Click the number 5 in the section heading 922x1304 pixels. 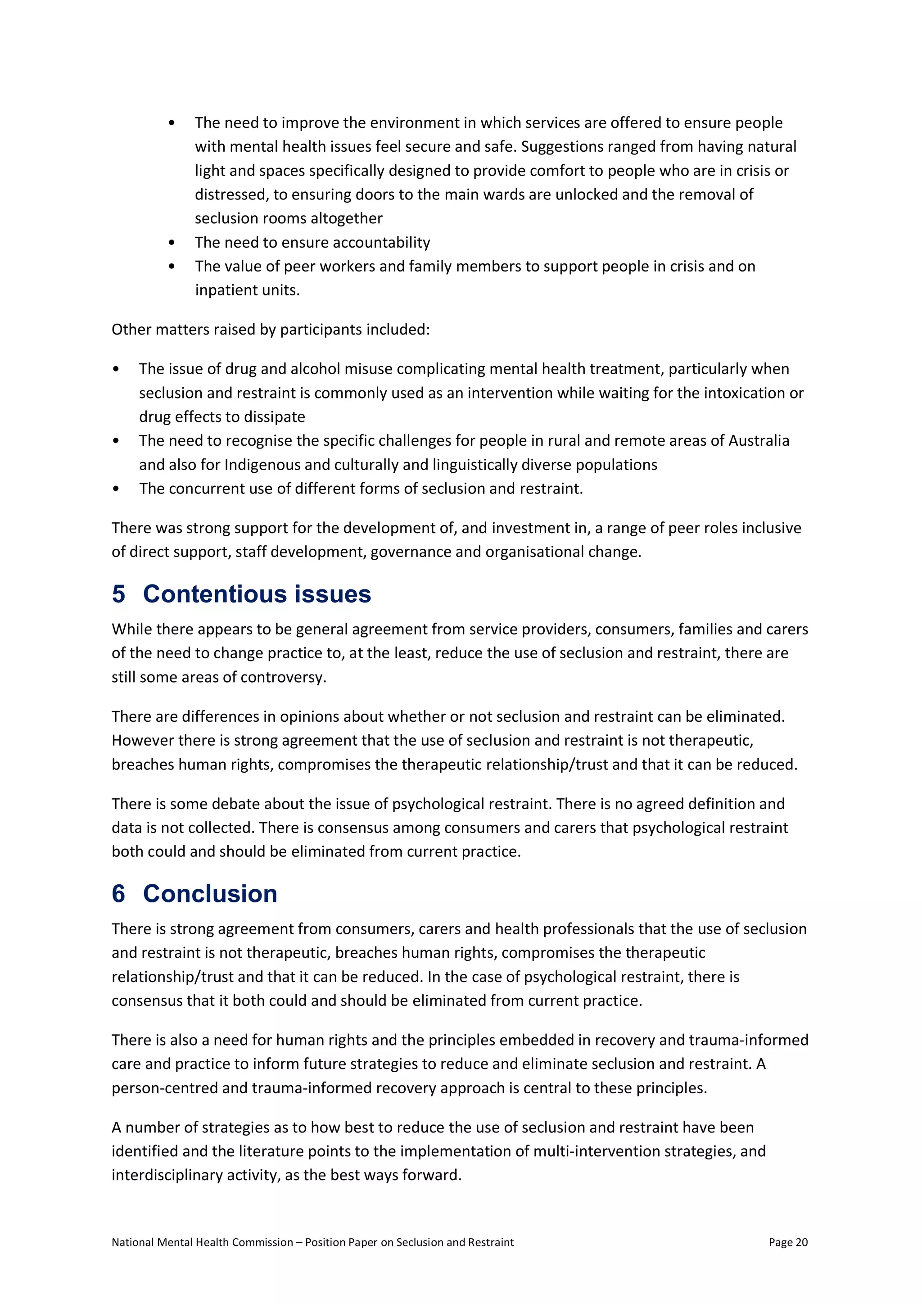pos(119,594)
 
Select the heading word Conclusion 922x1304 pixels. pos(210,894)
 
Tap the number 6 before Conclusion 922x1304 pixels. pos(119,894)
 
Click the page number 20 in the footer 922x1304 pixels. pos(801,1242)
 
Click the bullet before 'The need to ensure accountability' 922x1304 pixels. pos(172,243)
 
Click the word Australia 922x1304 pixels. pos(759,441)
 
